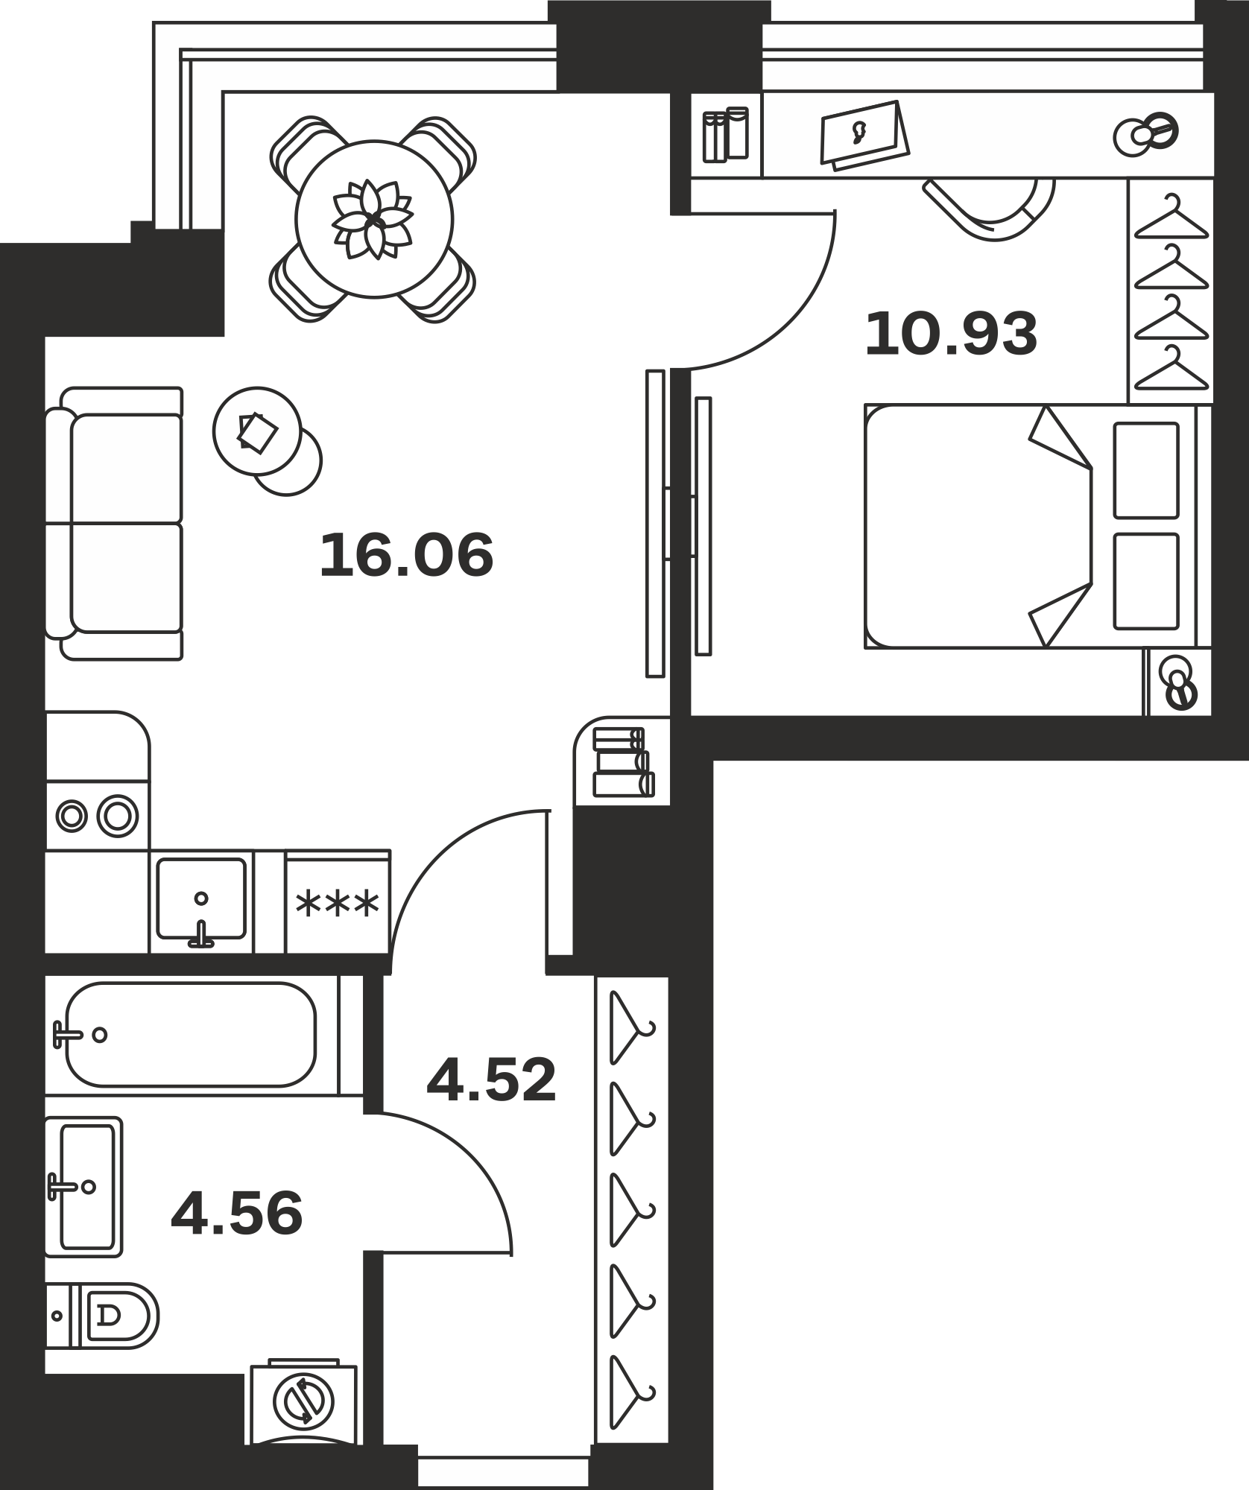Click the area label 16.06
coord(406,554)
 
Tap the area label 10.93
coord(951,335)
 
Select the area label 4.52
coord(491,1080)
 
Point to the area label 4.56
coord(237,1214)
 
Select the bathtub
coord(191,1035)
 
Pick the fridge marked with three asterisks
coord(338,902)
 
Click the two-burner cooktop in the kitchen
coord(98,816)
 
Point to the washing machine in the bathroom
coord(303,1400)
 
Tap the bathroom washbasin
coord(83,1187)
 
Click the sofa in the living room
coord(114,523)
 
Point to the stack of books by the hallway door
coord(623,763)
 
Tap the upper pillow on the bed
coord(1146,470)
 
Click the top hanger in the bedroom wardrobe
coord(1171,218)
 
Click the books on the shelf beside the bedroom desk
coord(725,134)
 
